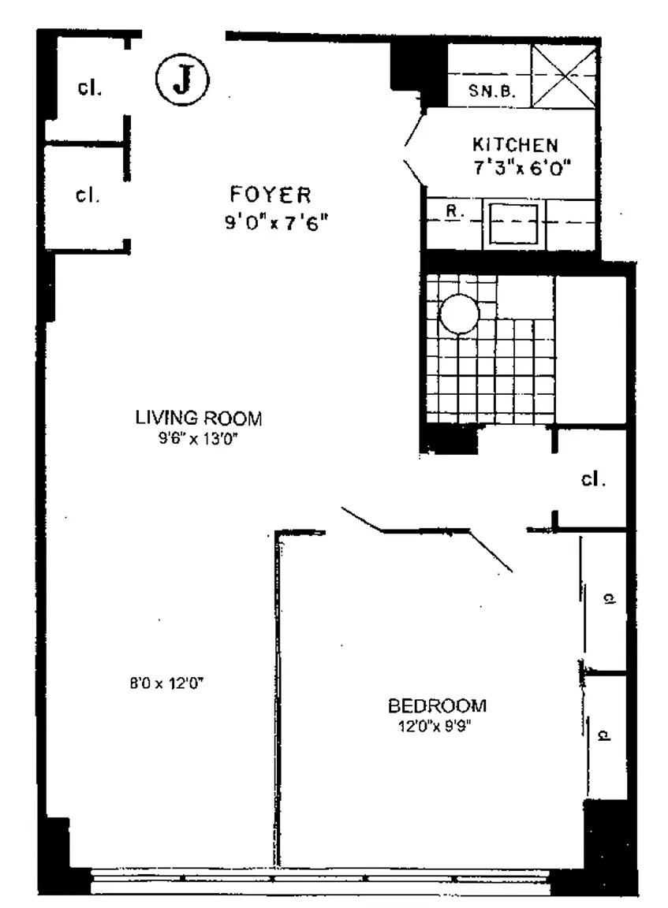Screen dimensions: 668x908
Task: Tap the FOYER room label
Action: point(271,194)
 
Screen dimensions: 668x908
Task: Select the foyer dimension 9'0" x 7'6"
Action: point(275,222)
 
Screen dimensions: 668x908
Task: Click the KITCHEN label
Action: point(515,145)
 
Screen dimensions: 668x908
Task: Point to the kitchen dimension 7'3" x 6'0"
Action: point(521,167)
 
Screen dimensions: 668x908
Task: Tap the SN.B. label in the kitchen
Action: point(492,91)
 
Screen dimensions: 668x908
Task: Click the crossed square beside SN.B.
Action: point(564,75)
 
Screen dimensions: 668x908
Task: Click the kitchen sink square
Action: point(513,222)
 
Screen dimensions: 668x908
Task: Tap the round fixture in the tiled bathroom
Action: point(459,314)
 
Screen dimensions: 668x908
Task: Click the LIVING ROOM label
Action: point(198,418)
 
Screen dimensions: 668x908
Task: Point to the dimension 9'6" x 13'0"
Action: point(198,440)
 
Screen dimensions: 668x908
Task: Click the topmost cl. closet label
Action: point(89,87)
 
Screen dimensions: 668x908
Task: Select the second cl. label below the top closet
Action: point(87,195)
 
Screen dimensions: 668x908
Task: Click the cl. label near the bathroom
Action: point(592,478)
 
